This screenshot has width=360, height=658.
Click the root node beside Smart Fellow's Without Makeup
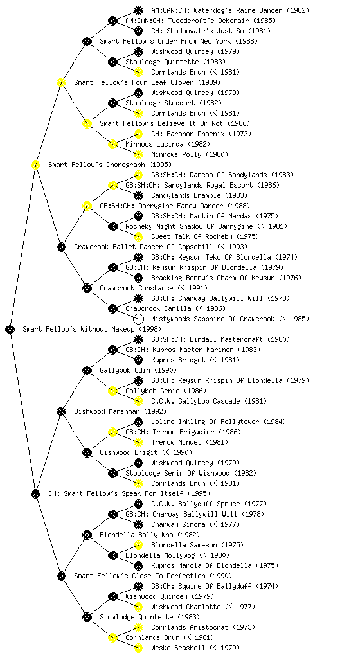10,329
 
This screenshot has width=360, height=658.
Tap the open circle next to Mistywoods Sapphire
138,319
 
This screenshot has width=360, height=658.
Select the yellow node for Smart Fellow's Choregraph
35,164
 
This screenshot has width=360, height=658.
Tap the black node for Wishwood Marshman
61,411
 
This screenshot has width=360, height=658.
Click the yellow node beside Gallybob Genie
113,391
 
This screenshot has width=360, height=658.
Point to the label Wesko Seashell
178,648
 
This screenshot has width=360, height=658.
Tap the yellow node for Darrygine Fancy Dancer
87,206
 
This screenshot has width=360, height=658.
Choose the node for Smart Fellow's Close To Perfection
61,576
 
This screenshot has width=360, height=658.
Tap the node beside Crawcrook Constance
87,288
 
